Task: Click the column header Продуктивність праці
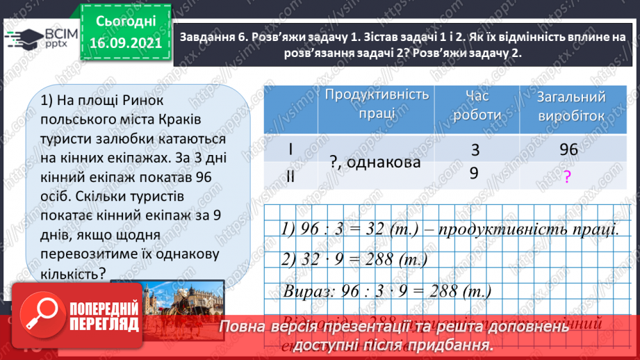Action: pos(377,104)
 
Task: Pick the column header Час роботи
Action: pos(477,105)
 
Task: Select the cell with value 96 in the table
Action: pos(568,150)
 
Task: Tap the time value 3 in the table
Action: pos(475,149)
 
